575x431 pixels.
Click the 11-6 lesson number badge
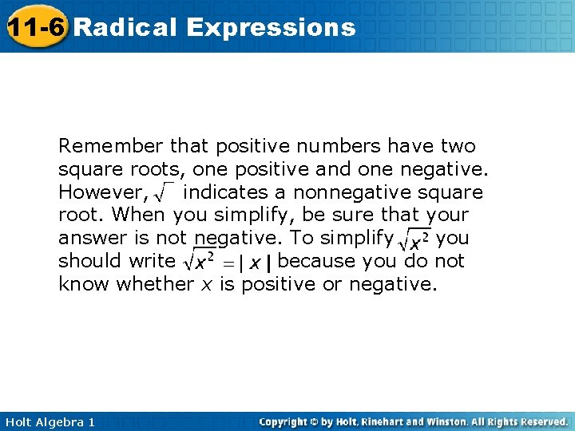coord(35,26)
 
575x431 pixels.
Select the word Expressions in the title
coord(271,28)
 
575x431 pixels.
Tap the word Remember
coord(110,147)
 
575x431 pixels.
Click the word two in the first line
coord(457,147)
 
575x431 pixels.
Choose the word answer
coord(89,239)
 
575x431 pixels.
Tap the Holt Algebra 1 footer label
coord(49,421)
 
